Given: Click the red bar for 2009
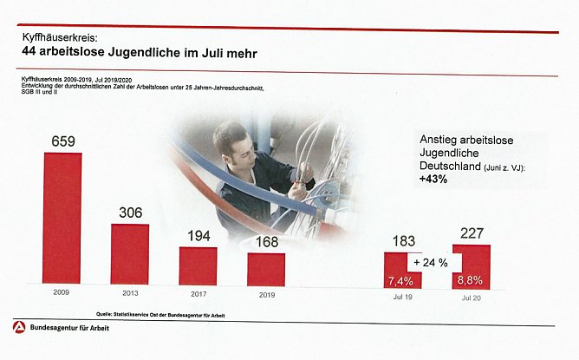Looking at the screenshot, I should point(62,219).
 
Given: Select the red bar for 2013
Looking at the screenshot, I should point(130,254).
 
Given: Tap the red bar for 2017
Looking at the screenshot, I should point(198,266).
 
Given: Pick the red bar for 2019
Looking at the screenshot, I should point(265,269).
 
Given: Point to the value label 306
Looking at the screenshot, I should point(130,213).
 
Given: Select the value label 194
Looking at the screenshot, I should point(198,235).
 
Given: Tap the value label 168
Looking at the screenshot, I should point(265,241).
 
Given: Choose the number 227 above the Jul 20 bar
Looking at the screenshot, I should point(471,232).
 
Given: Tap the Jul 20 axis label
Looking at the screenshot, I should point(471,297).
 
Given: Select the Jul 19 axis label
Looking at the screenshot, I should point(402,297).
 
